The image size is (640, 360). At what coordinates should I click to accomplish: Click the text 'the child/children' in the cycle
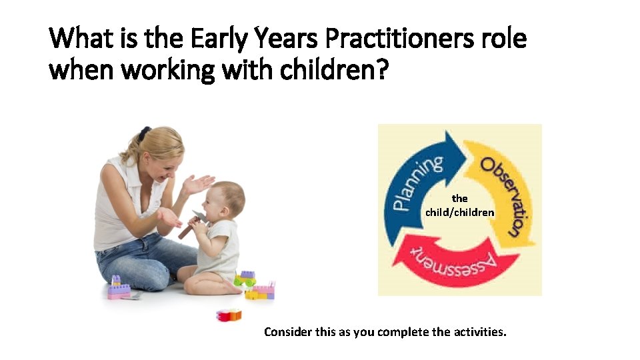(460, 205)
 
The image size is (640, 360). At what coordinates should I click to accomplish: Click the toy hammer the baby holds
(193, 223)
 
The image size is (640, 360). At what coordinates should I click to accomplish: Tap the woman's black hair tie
(144, 133)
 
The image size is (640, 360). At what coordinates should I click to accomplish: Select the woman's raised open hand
(198, 183)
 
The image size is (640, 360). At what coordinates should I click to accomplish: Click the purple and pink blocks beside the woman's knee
(118, 287)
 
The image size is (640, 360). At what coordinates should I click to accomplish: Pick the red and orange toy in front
(229, 315)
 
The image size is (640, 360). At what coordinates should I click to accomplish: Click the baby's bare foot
(233, 287)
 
